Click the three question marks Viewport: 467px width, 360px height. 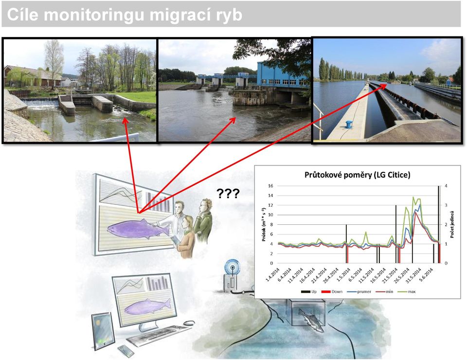228,194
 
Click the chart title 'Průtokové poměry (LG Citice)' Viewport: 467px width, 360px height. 357,175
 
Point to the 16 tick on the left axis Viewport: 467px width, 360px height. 270,186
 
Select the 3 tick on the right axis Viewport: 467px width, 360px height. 446,205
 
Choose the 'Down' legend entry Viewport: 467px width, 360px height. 332,291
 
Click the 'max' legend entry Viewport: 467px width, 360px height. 408,291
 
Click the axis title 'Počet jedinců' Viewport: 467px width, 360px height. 452,225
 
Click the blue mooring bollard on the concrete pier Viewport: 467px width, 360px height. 349,125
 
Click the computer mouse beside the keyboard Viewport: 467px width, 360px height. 189,323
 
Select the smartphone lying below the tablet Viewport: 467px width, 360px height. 126,351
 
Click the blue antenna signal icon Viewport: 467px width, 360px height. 232,267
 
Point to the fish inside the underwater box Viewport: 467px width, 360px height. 311,320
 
